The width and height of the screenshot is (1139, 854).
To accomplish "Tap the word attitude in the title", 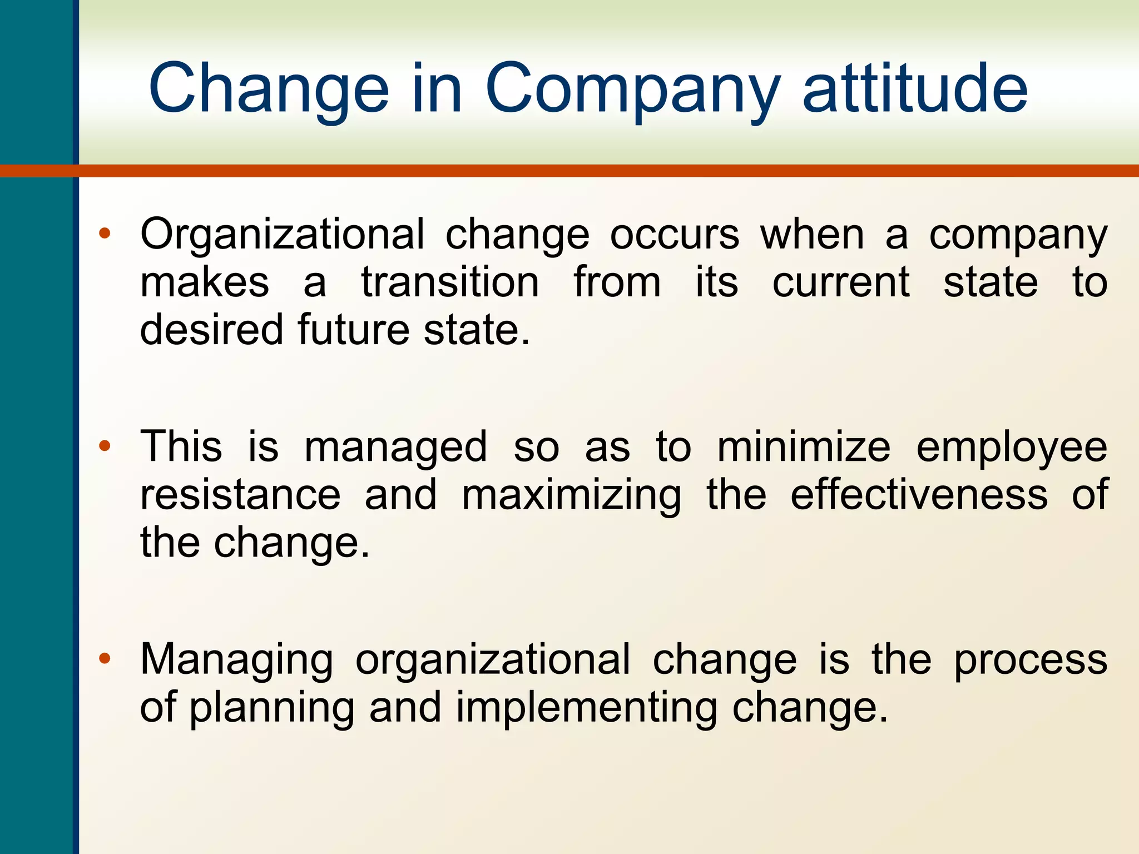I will pyautogui.click(x=914, y=89).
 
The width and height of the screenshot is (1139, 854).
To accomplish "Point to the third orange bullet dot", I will pyautogui.click(x=105, y=659).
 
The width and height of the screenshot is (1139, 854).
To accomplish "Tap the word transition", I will pyautogui.click(x=450, y=282).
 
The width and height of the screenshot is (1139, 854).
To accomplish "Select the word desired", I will pyautogui.click(x=211, y=329).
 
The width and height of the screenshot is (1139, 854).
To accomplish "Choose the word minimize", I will pyautogui.click(x=803, y=446).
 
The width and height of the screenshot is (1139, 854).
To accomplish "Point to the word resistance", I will pyautogui.click(x=240, y=494).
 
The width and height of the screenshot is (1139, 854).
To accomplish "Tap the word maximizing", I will pyautogui.click(x=571, y=495).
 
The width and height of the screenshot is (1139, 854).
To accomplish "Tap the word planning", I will pyautogui.click(x=272, y=708).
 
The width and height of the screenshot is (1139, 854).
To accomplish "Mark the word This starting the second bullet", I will pyautogui.click(x=181, y=446).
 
